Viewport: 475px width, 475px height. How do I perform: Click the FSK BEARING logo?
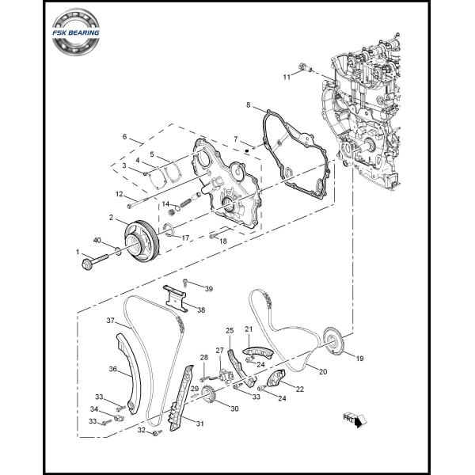tap(78, 32)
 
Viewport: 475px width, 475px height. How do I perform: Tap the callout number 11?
tap(287, 76)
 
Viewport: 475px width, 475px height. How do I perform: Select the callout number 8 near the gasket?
tap(248, 104)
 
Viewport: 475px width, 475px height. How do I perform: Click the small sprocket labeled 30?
tap(209, 397)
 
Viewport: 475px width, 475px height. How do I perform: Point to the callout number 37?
tap(112, 321)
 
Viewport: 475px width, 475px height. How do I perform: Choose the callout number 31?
tap(199, 424)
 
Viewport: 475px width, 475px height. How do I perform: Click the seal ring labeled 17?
tap(167, 231)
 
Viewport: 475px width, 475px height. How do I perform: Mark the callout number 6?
tap(124, 137)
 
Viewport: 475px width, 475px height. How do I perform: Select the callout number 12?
tap(119, 194)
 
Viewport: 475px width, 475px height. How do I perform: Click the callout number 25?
tap(230, 330)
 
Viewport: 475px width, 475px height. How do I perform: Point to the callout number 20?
tap(322, 370)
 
